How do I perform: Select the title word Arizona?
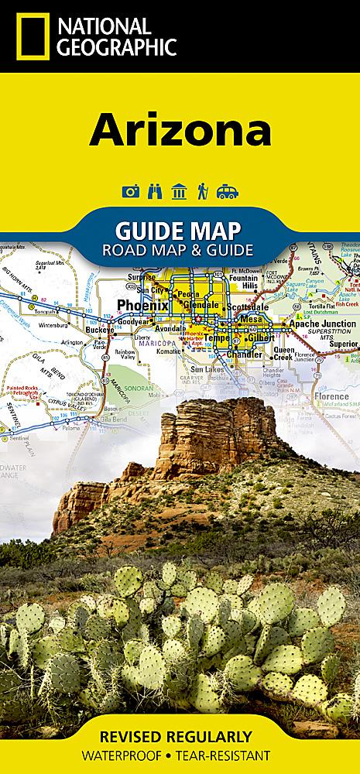pyautogui.click(x=180, y=130)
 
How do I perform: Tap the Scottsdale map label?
pyautogui.click(x=246, y=307)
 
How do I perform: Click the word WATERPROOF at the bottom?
pyautogui.click(x=132, y=754)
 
